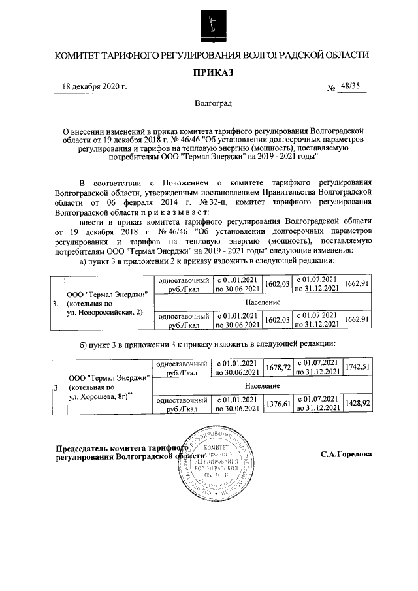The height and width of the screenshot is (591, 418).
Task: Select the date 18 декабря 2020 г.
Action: [95, 86]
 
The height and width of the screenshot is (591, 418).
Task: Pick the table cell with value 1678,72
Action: [279, 368]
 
